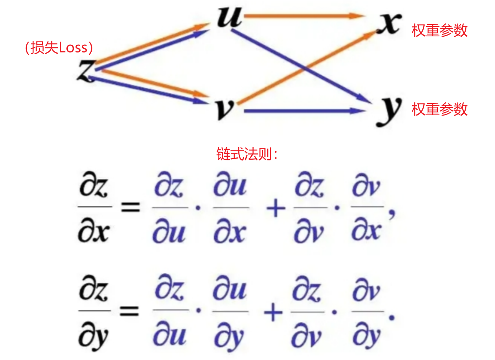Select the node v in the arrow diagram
224,109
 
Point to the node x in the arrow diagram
389,23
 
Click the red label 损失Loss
59,48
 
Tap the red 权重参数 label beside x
439,30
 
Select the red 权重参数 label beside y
439,109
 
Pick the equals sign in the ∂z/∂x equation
131,208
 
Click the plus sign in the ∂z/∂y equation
273,313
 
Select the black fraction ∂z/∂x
94,208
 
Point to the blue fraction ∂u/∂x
230,208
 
